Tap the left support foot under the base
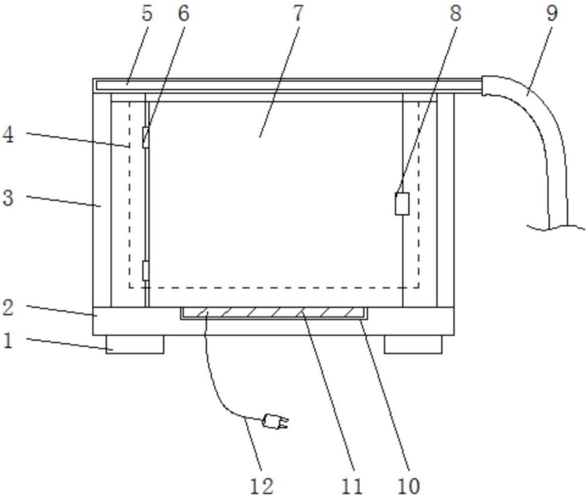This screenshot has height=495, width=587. pyautogui.click(x=135, y=344)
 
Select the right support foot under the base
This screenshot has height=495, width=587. pyautogui.click(x=413, y=344)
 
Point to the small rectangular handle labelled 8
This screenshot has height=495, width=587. pyautogui.click(x=401, y=204)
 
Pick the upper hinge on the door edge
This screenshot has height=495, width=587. pyautogui.click(x=146, y=137)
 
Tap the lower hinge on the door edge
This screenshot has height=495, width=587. pyautogui.click(x=146, y=270)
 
